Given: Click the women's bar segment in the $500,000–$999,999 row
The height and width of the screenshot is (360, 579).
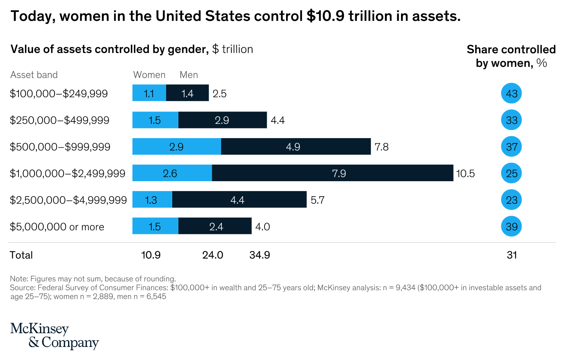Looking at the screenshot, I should tap(176, 147).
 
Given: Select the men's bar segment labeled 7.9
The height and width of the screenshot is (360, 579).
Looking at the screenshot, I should tap(333, 173).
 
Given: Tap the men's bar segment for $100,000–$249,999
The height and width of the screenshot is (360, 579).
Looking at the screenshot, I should tap(187, 93).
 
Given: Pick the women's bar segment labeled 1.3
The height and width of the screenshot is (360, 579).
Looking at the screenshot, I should tap(152, 200).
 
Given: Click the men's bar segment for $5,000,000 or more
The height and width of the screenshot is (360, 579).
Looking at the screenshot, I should tap(215, 226).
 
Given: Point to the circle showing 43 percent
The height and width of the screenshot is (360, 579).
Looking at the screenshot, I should tap(511, 93).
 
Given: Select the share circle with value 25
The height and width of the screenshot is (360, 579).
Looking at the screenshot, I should tap(511, 173).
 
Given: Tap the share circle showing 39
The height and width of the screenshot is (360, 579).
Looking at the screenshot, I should tap(511, 227).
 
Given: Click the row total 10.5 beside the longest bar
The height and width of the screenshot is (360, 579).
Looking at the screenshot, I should tap(465, 173).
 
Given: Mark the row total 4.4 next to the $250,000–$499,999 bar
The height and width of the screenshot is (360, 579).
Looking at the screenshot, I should tap(278, 120).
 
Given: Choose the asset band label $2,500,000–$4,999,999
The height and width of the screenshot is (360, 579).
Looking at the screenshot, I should tap(68, 200).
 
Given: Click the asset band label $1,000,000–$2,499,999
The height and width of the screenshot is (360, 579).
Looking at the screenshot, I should tap(68, 173).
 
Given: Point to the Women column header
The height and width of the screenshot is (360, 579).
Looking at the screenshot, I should tap(149, 75).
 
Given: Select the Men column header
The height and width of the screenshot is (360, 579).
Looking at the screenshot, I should tap(189, 75).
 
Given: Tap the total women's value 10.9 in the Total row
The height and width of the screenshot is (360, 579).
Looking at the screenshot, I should tap(151, 255).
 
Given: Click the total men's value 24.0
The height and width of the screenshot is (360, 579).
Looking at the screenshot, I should tap(213, 255).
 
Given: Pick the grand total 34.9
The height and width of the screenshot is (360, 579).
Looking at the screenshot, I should tap(260, 255).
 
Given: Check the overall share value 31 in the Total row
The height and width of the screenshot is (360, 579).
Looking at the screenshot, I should tap(512, 255).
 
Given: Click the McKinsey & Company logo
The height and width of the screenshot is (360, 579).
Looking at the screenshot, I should tap(54, 336).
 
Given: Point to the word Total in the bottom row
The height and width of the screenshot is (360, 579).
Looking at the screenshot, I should tap(21, 255).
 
